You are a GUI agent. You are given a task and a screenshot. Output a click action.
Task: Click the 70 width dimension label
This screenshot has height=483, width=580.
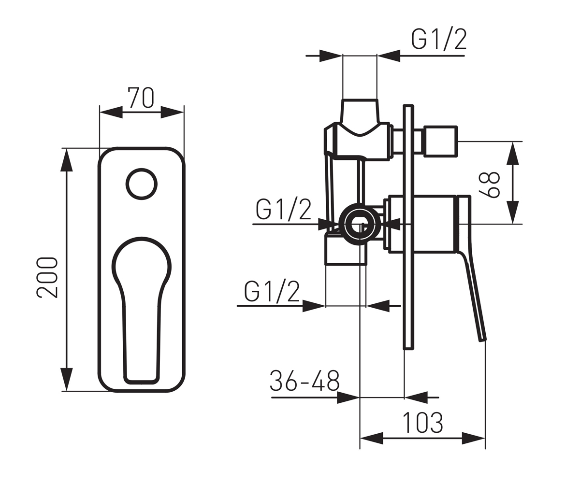[x=141, y=98]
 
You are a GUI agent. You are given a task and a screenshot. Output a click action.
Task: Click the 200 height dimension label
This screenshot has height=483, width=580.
[x=47, y=277]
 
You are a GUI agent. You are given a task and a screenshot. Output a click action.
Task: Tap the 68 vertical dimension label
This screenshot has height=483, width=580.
[x=490, y=185]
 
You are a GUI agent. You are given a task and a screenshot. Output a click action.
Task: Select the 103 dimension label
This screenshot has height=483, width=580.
[x=422, y=423]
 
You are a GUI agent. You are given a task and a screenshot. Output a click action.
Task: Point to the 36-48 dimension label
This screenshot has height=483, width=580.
[x=304, y=381]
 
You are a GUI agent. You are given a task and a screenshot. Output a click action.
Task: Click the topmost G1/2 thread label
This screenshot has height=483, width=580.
[x=438, y=40]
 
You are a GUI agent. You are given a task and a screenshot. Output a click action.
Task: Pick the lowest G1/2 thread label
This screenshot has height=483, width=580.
[x=272, y=291]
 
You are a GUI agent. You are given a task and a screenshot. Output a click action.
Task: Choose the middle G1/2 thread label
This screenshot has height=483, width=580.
[x=283, y=210]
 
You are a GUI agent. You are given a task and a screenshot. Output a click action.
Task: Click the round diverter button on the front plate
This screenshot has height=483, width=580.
[x=142, y=184]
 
